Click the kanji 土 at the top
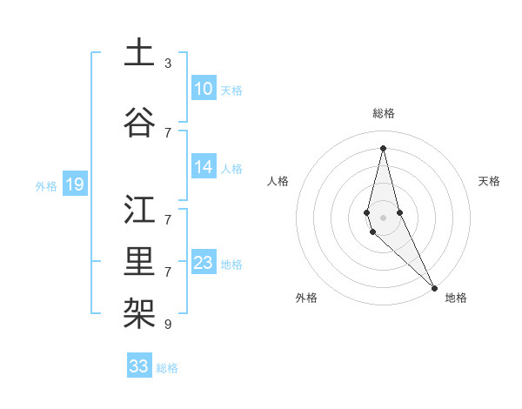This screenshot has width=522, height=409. click(139, 53)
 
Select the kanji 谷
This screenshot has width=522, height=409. click(139, 123)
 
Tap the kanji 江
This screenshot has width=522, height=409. click(139, 210)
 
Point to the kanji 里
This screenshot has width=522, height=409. click(139, 262)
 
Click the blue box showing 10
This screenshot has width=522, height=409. click(203, 89)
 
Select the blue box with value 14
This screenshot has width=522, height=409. click(203, 168)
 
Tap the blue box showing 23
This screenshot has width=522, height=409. click(203, 264)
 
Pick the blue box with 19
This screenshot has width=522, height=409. click(74, 184)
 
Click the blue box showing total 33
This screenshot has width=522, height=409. click(139, 366)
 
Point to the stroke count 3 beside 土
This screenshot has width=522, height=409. click(168, 64)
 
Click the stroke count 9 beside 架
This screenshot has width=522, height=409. click(168, 325)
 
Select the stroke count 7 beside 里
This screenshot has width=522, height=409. click(168, 272)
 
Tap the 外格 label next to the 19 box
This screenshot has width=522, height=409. click(46, 185)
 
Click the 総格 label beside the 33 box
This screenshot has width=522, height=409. click(167, 368)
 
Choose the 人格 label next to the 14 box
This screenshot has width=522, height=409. click(231, 169)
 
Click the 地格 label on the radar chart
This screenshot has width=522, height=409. click(456, 298)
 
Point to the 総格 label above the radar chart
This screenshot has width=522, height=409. click(384, 113)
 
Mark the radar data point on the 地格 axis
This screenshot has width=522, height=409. click(434, 286)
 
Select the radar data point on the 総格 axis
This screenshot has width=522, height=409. click(383, 147)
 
